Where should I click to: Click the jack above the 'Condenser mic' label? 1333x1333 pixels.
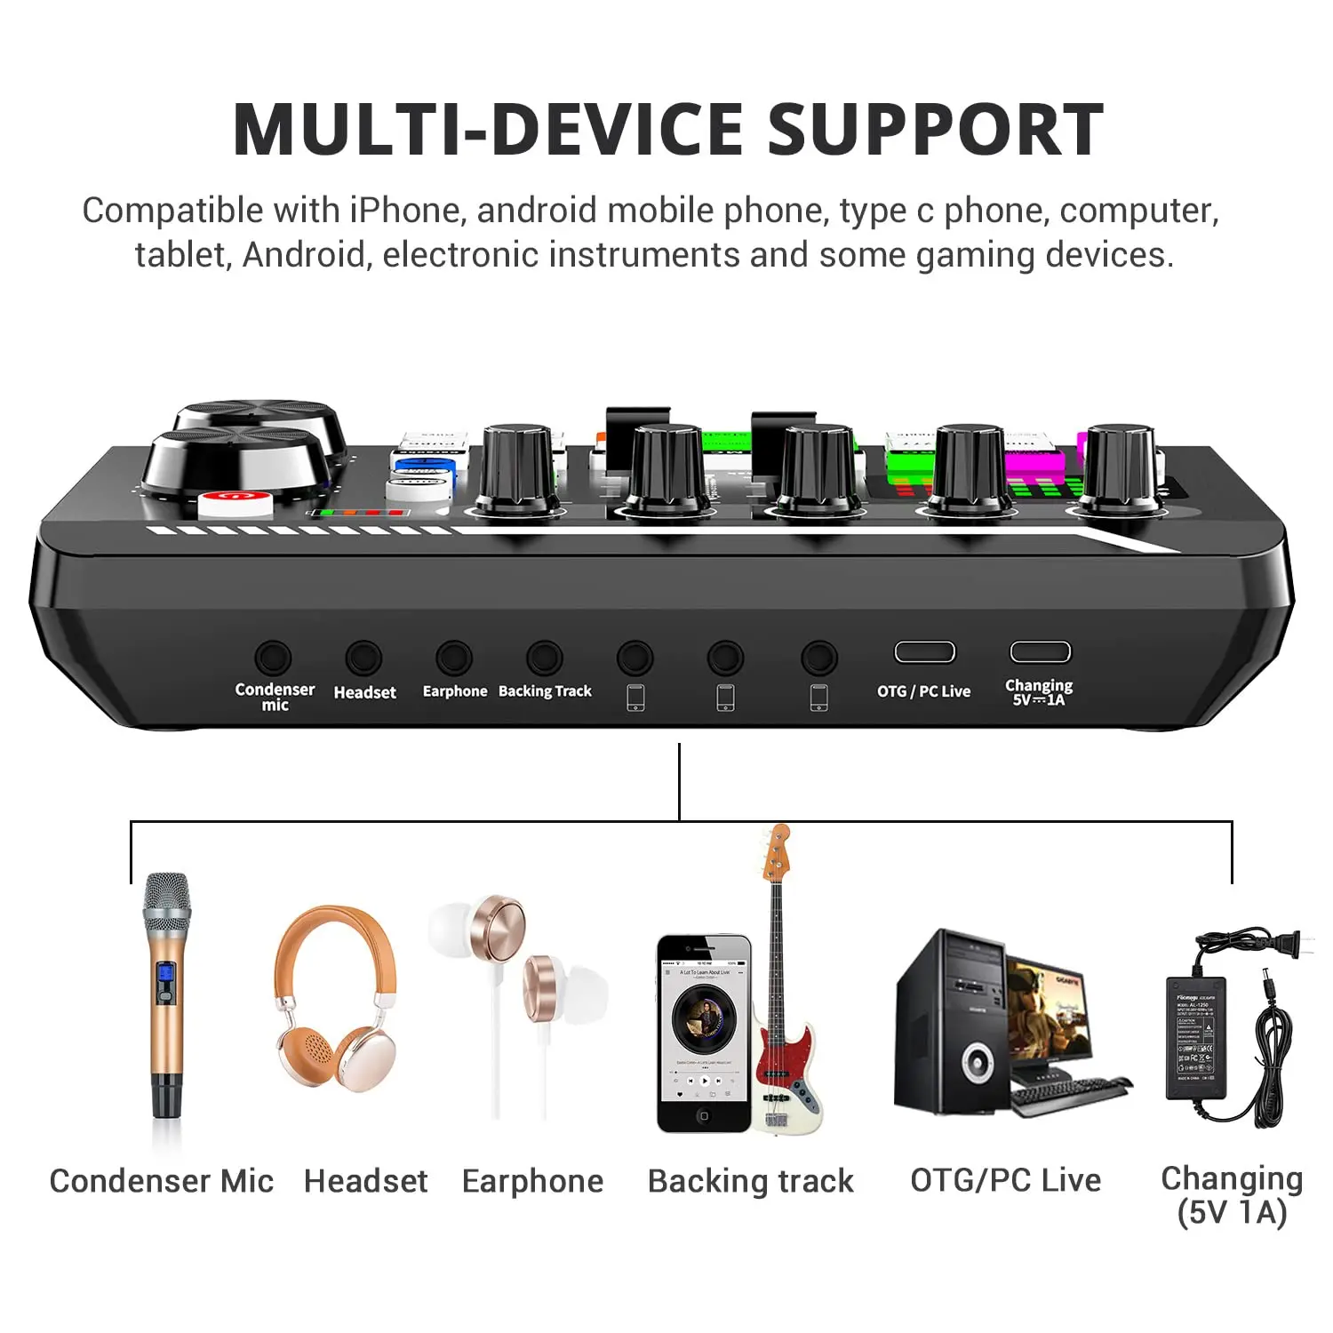[x=273, y=659]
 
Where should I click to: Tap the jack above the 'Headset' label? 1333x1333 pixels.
[x=363, y=659]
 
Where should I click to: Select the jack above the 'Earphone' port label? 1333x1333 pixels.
[x=454, y=659]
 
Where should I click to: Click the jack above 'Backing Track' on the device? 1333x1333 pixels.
[x=545, y=659]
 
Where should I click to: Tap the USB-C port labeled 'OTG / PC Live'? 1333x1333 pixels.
[x=924, y=652]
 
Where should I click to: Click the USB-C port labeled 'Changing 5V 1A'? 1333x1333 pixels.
[x=1040, y=652]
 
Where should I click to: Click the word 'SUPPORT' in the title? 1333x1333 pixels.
[x=935, y=130]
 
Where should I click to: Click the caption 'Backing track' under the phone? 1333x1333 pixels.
[x=750, y=1181]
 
